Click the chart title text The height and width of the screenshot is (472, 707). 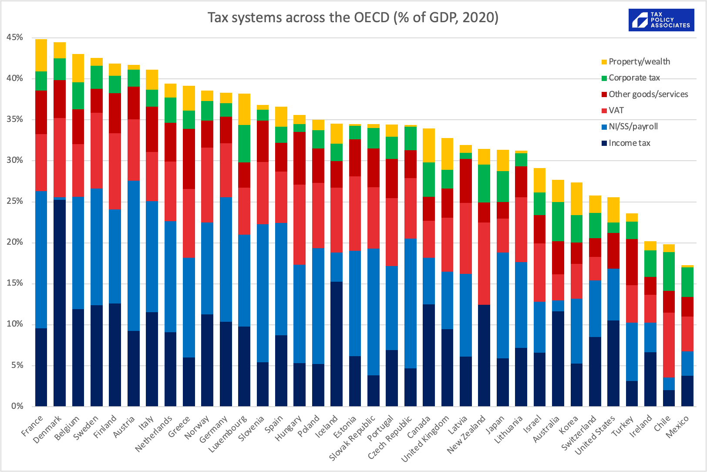click(x=353, y=17)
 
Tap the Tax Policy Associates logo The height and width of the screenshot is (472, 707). click(x=661, y=20)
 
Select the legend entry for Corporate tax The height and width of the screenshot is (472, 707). click(x=634, y=78)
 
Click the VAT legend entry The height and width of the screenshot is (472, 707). click(x=616, y=111)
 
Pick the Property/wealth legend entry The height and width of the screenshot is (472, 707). click(x=639, y=62)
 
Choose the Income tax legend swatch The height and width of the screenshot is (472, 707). click(x=604, y=143)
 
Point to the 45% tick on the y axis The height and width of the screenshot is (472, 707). click(x=15, y=37)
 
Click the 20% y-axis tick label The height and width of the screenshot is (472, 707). click(x=15, y=242)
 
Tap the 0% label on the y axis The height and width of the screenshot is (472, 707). click(x=17, y=406)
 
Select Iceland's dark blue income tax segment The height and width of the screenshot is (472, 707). click(x=337, y=344)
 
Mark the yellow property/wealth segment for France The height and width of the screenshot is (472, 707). click(x=41, y=55)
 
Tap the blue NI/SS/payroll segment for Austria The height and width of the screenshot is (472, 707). click(x=134, y=256)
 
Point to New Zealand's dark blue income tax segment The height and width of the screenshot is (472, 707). click(x=484, y=355)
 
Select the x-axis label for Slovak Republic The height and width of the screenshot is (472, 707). click(x=353, y=438)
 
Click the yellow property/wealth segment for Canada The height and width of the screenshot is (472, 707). click(x=429, y=145)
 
